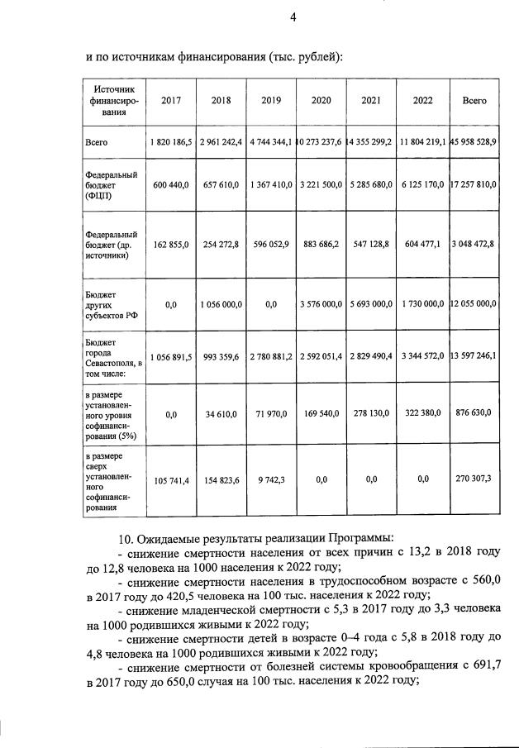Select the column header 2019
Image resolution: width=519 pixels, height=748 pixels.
point(271,100)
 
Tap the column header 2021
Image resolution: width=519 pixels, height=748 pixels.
point(371,100)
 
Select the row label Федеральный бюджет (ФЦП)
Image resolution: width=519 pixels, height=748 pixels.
point(111,187)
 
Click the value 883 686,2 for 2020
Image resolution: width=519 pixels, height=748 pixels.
point(321,245)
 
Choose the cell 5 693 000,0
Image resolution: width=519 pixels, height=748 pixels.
point(371,304)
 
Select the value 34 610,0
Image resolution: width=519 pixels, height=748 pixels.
point(221,413)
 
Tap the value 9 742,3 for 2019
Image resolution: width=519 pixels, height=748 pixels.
point(271,479)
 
